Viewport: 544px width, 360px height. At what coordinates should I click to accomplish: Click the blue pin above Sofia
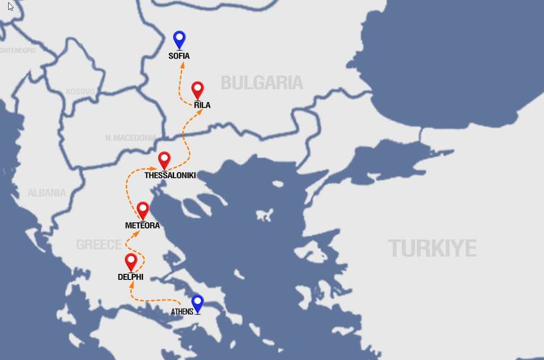(x=180, y=39)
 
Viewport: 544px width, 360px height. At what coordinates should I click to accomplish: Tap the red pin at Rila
(x=197, y=90)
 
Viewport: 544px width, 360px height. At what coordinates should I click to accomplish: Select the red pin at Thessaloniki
(x=164, y=160)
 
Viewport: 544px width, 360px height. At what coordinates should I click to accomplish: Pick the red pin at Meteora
(x=143, y=210)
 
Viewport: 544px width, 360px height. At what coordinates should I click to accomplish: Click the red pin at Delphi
(x=131, y=261)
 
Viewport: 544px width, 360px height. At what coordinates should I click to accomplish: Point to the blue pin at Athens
(x=197, y=303)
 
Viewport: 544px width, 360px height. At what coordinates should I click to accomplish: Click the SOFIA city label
(x=179, y=56)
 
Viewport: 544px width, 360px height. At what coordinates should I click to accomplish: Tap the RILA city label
(x=202, y=105)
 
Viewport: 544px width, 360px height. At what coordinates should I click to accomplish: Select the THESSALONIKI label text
(x=170, y=176)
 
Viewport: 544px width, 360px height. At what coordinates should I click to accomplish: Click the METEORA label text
(x=142, y=226)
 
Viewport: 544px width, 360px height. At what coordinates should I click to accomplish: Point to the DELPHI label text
(x=130, y=277)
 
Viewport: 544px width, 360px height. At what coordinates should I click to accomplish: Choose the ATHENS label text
(x=182, y=312)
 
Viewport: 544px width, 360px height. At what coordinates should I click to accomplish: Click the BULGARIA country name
(x=262, y=83)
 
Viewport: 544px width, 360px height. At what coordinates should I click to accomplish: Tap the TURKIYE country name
(x=432, y=248)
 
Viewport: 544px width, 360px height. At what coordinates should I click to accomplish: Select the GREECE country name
(x=99, y=244)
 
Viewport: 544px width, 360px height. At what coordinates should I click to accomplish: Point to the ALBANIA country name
(x=46, y=193)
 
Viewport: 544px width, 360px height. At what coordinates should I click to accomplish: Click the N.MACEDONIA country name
(x=131, y=138)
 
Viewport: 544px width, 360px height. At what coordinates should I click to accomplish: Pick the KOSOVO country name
(x=80, y=91)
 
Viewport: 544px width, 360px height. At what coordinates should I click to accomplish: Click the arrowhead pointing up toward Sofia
(x=182, y=65)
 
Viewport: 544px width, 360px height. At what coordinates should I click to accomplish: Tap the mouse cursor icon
(x=10, y=7)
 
